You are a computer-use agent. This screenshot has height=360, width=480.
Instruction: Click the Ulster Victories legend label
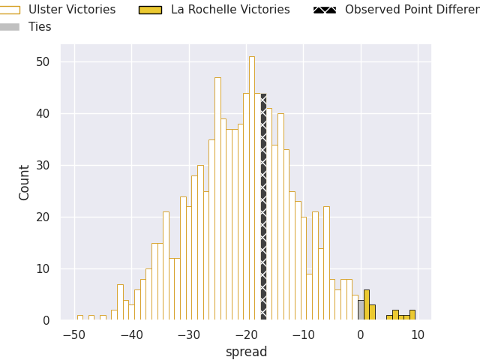[72, 10]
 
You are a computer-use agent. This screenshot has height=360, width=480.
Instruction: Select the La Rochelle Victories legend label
[230, 10]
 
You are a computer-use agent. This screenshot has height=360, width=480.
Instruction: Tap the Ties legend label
[40, 27]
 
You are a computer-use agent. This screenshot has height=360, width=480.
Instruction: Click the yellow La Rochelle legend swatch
[150, 10]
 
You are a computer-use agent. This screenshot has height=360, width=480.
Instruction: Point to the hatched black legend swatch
[324, 10]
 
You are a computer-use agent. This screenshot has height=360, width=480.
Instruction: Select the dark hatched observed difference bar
[263, 210]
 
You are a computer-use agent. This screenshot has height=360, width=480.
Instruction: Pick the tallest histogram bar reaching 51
[252, 187]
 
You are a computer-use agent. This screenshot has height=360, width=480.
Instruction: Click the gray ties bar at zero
[361, 310]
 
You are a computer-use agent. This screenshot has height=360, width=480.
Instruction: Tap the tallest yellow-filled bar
[366, 305]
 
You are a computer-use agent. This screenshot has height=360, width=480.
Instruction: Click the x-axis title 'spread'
[246, 352]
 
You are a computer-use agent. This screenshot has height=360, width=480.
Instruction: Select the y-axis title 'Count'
[25, 182]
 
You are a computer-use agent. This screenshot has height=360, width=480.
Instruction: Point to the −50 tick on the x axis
[73, 334]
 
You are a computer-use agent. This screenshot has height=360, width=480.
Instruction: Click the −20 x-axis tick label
[246, 334]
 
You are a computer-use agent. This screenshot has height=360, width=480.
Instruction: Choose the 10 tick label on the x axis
[418, 334]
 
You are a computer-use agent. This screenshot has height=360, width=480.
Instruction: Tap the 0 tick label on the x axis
[361, 334]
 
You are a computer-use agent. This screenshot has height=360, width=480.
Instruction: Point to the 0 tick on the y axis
[46, 320]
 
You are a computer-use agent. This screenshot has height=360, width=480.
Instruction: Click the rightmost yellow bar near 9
[412, 315]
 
